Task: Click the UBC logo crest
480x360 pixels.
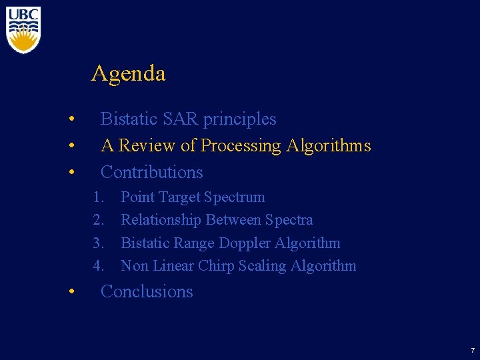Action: click(23, 30)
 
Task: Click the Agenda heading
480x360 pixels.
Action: click(128, 73)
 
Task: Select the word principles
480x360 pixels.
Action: click(239, 119)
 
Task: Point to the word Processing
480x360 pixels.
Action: click(241, 145)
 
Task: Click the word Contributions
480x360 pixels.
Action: click(151, 172)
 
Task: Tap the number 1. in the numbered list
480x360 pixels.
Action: click(99, 197)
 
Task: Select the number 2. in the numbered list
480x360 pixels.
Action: click(99, 220)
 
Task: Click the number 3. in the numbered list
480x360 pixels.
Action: click(99, 243)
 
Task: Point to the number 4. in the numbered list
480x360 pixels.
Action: click(99, 266)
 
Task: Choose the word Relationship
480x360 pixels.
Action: click(161, 220)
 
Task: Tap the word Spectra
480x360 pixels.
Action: click(289, 220)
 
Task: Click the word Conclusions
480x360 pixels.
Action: click(147, 292)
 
